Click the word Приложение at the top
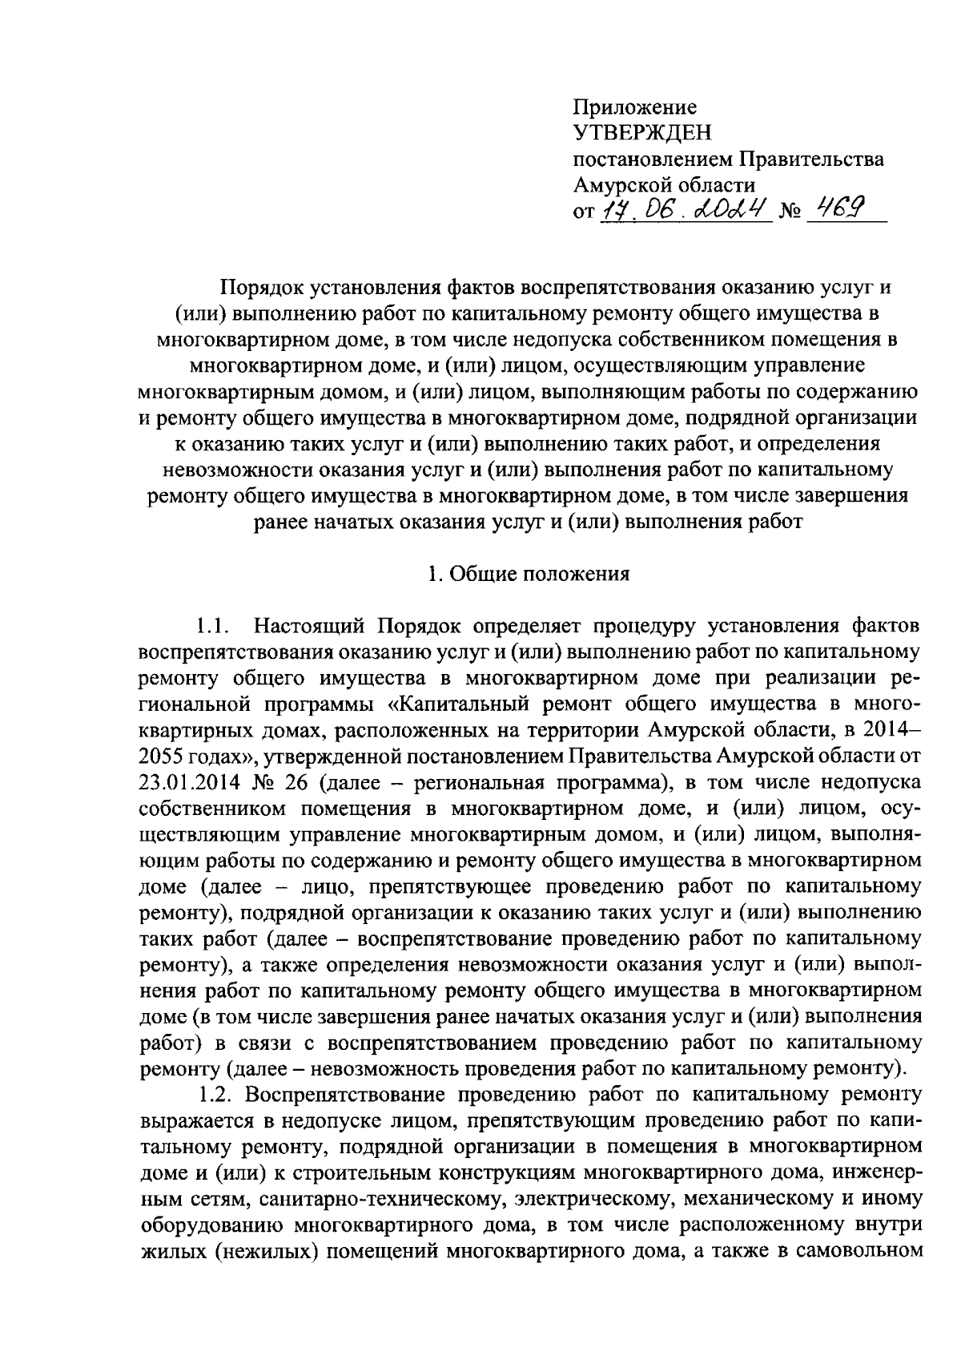pyautogui.click(x=635, y=107)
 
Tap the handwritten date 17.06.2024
pyautogui.click(x=686, y=211)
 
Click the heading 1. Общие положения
pyautogui.click(x=528, y=574)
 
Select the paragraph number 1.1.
pyautogui.click(x=215, y=625)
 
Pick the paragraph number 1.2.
pyautogui.click(x=215, y=1094)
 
